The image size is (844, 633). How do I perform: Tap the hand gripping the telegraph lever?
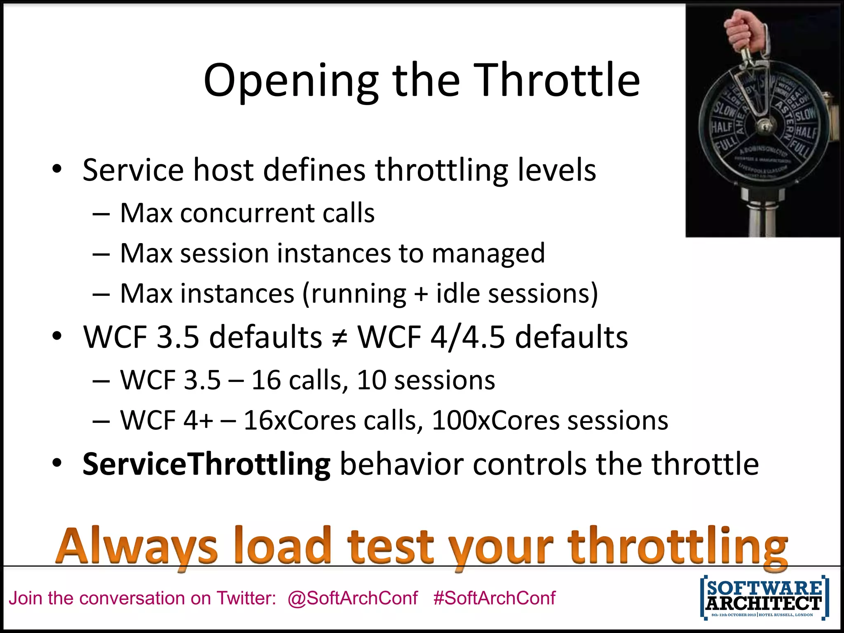(x=746, y=31)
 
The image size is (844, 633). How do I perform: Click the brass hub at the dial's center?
(x=765, y=126)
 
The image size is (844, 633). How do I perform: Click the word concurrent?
(x=247, y=213)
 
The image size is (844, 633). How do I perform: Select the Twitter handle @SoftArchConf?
(x=353, y=598)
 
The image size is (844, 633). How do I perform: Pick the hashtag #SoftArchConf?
(x=494, y=598)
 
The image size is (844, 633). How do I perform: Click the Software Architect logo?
(x=764, y=598)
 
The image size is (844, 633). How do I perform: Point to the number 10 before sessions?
(x=371, y=380)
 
